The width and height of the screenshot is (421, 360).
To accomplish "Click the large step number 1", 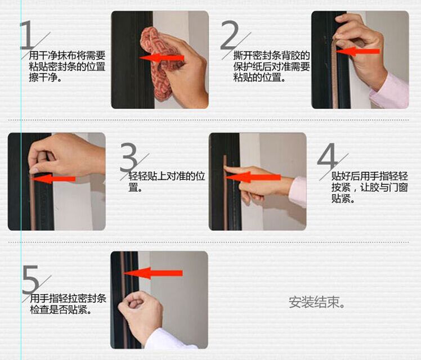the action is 28,35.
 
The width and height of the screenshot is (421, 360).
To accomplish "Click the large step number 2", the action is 230,35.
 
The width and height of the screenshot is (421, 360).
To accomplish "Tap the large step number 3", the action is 129,157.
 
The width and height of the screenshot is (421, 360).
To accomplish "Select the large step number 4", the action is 328,156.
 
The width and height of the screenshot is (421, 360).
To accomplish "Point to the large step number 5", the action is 30,280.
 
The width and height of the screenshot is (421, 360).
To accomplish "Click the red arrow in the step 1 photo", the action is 162,58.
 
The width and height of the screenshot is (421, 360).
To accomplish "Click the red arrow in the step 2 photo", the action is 357,51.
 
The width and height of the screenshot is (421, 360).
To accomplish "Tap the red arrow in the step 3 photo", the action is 53,179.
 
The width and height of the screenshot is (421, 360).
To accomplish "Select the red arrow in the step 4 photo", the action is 253,177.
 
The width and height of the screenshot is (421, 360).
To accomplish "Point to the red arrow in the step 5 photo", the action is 153,273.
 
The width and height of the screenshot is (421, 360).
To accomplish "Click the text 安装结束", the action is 316,302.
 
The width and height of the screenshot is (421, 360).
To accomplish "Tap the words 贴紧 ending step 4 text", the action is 341,199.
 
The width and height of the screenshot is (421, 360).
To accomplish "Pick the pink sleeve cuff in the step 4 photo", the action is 298,192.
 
